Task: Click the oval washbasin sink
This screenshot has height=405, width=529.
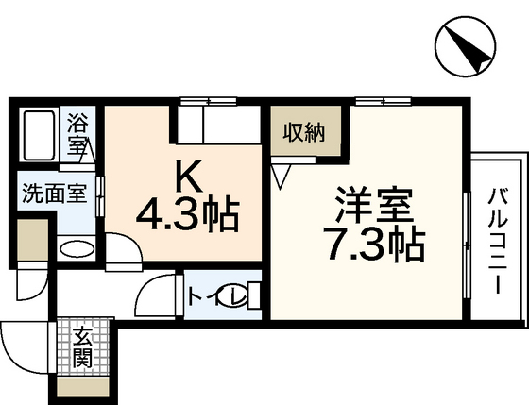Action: pyautogui.click(x=77, y=249)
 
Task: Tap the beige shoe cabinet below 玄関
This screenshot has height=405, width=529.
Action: pyautogui.click(x=82, y=385)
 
